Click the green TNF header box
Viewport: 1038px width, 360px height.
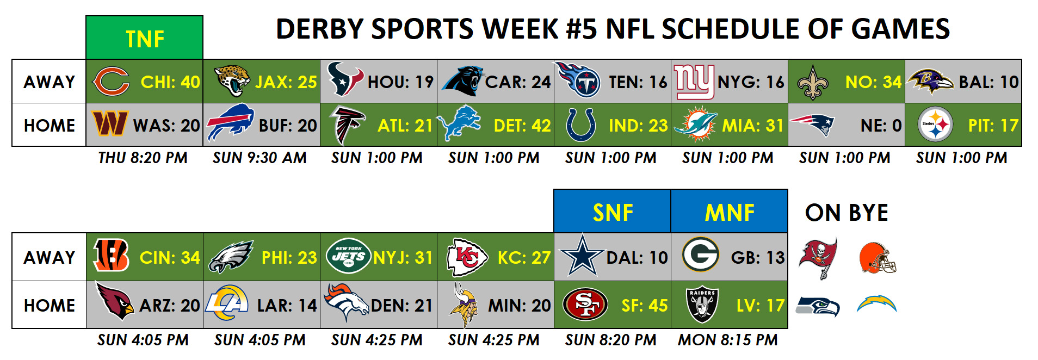click(144, 38)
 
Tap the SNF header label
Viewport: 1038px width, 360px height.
click(613, 213)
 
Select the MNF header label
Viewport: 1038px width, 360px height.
click(730, 213)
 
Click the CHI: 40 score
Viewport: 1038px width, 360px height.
click(170, 82)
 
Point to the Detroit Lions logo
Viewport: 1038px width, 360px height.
click(459, 124)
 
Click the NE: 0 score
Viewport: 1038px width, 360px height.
click(881, 126)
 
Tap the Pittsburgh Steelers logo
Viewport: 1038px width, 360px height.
click(935, 125)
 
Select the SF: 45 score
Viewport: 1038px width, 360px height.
click(644, 306)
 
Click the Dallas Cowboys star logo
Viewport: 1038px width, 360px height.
click(583, 256)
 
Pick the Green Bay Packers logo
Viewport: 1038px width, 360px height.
click(701, 254)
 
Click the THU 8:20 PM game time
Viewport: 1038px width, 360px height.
click(143, 158)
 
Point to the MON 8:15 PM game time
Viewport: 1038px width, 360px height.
click(727, 340)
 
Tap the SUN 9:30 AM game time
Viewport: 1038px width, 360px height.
click(259, 158)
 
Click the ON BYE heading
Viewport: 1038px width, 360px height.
click(847, 213)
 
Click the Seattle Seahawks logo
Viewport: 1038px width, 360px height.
click(818, 306)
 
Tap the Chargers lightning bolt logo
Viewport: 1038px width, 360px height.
click(876, 303)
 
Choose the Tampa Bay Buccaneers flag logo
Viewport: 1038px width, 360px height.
click(818, 258)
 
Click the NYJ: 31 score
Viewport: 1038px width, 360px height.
click(403, 257)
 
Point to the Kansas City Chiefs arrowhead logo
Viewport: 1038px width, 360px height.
click(467, 257)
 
